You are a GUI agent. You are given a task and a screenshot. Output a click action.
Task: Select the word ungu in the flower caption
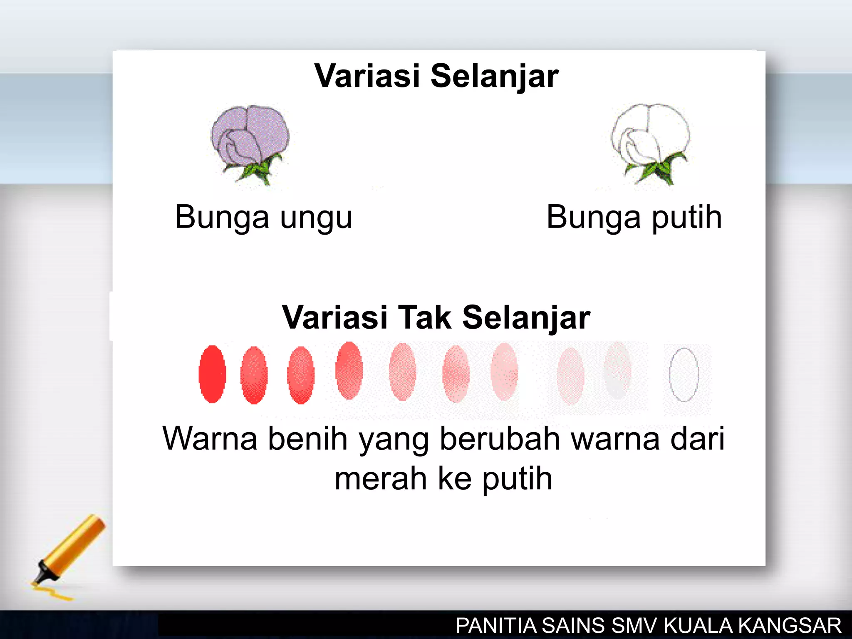tap(316, 218)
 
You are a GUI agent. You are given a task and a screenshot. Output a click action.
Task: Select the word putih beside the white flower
tap(686, 217)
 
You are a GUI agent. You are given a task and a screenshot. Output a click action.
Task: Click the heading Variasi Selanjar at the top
tap(436, 76)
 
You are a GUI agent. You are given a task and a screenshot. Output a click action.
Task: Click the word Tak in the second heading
tap(424, 317)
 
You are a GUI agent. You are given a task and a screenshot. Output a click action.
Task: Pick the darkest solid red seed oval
tap(212, 374)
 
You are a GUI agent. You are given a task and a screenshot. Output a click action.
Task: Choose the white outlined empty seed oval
tap(684, 374)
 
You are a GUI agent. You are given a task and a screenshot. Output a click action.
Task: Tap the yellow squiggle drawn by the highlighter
tap(52, 593)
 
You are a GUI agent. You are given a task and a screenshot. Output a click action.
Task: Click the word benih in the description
tap(307, 438)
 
